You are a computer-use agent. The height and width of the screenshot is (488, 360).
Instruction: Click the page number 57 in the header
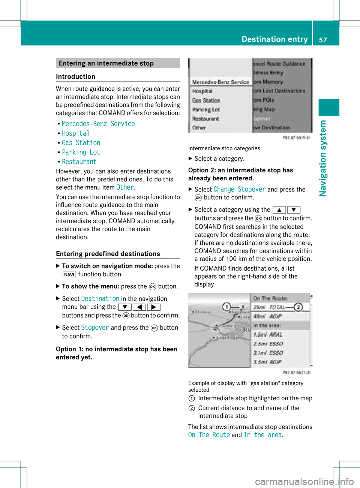coord(323,40)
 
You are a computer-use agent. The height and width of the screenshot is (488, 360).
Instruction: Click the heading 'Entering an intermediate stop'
coord(106,63)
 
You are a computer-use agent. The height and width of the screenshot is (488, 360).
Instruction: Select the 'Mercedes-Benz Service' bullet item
coord(98,124)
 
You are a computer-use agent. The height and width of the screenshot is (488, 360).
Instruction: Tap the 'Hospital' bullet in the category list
coord(76,133)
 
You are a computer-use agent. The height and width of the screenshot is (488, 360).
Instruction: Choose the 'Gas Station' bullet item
coord(81,143)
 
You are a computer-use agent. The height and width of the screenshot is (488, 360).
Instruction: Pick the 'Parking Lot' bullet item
coord(81,153)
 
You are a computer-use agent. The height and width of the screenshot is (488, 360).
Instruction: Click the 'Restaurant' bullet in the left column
coord(79,162)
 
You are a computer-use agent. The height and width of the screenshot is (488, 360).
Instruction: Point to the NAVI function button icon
coord(69,275)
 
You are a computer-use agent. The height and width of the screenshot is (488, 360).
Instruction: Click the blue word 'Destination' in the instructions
coord(100,299)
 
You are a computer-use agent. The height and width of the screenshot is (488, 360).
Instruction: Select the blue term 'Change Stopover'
coord(239,190)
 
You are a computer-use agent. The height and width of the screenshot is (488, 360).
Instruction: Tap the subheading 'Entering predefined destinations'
coord(108,254)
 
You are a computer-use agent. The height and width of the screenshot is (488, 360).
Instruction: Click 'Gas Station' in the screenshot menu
coord(206,100)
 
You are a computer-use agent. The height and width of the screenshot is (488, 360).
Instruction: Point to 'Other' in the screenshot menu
coord(199,128)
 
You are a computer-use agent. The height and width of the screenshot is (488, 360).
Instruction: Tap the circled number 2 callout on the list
coord(298,307)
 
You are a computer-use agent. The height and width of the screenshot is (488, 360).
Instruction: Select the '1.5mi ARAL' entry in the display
coord(268,335)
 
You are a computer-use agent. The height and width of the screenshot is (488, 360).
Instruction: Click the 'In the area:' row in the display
coord(267,325)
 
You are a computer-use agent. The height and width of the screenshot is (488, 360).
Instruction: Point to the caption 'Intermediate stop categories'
coord(224,148)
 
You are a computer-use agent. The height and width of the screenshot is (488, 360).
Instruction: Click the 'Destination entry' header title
coord(274,39)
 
